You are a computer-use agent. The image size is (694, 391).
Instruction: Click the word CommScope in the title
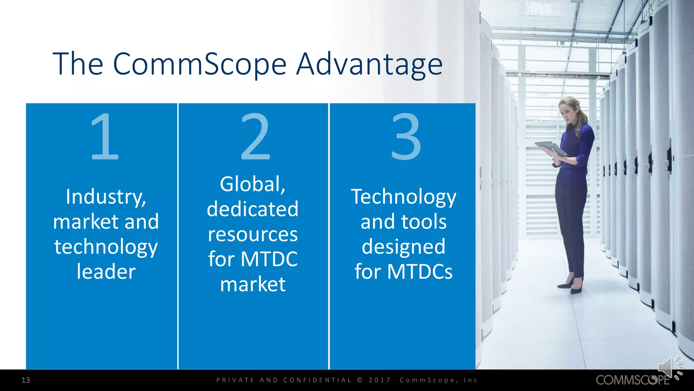tap(200, 64)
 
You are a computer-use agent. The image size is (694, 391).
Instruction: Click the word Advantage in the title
tap(369, 64)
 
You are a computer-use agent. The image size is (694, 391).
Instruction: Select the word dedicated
tap(253, 209)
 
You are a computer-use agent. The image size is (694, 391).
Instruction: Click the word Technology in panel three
tap(404, 197)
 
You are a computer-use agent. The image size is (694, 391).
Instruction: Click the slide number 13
tap(26, 380)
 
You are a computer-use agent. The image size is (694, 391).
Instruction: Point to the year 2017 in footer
tap(380, 380)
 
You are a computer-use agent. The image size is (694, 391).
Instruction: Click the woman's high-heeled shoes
tap(573, 287)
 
